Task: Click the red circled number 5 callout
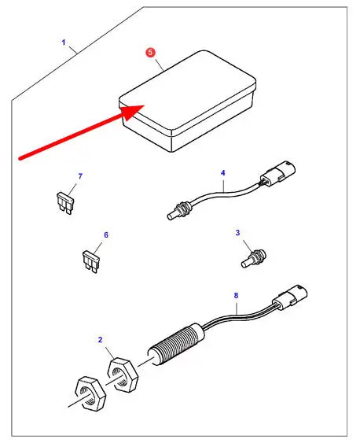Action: click(x=150, y=52)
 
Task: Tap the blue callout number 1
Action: click(x=64, y=42)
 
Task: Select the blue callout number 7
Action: click(x=80, y=176)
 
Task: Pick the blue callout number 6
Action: click(x=106, y=234)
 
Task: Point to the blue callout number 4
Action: click(x=223, y=172)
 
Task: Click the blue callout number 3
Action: click(x=237, y=233)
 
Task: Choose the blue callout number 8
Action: click(x=236, y=296)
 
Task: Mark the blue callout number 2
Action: click(x=100, y=340)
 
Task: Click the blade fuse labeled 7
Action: click(x=65, y=203)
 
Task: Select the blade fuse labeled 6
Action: click(x=90, y=261)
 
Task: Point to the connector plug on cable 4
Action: click(x=277, y=175)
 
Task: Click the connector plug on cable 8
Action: click(x=289, y=299)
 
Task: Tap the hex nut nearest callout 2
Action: click(x=123, y=375)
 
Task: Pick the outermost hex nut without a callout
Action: click(x=90, y=393)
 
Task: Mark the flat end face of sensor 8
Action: click(x=152, y=358)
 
